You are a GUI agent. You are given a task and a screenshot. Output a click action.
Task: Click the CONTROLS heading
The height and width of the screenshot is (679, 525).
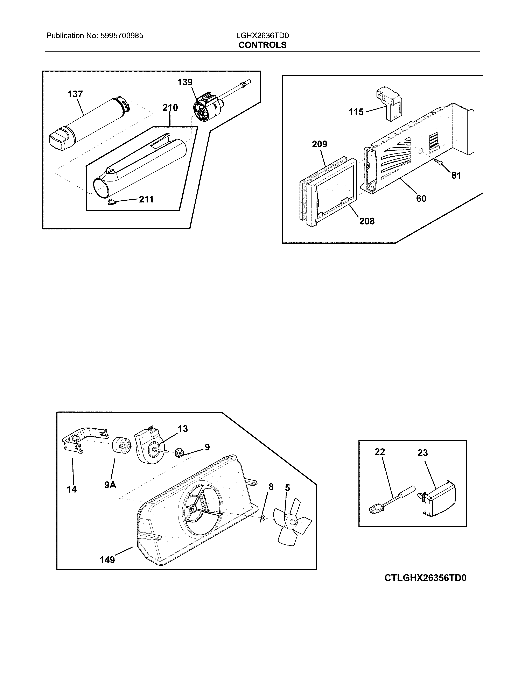pyautogui.click(x=262, y=45)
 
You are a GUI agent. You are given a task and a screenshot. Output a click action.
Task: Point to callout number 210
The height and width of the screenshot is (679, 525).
pyautogui.click(x=170, y=108)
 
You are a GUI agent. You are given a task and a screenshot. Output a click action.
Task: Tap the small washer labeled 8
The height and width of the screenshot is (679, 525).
pyautogui.click(x=263, y=518)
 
